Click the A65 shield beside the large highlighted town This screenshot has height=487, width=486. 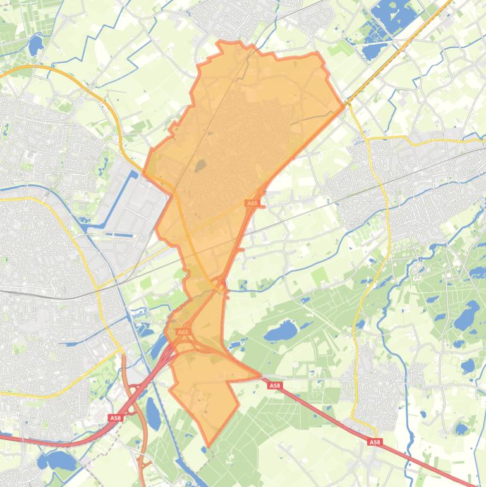[x=252, y=203]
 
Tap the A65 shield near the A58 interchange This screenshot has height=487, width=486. [x=183, y=331]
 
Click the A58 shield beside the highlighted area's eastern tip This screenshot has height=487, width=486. [x=274, y=385]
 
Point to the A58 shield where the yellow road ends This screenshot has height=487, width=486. [x=375, y=442]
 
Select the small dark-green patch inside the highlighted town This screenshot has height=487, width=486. [x=200, y=166]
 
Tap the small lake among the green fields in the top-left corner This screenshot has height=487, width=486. [x=35, y=45]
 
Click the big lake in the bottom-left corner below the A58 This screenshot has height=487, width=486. [x=58, y=460]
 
